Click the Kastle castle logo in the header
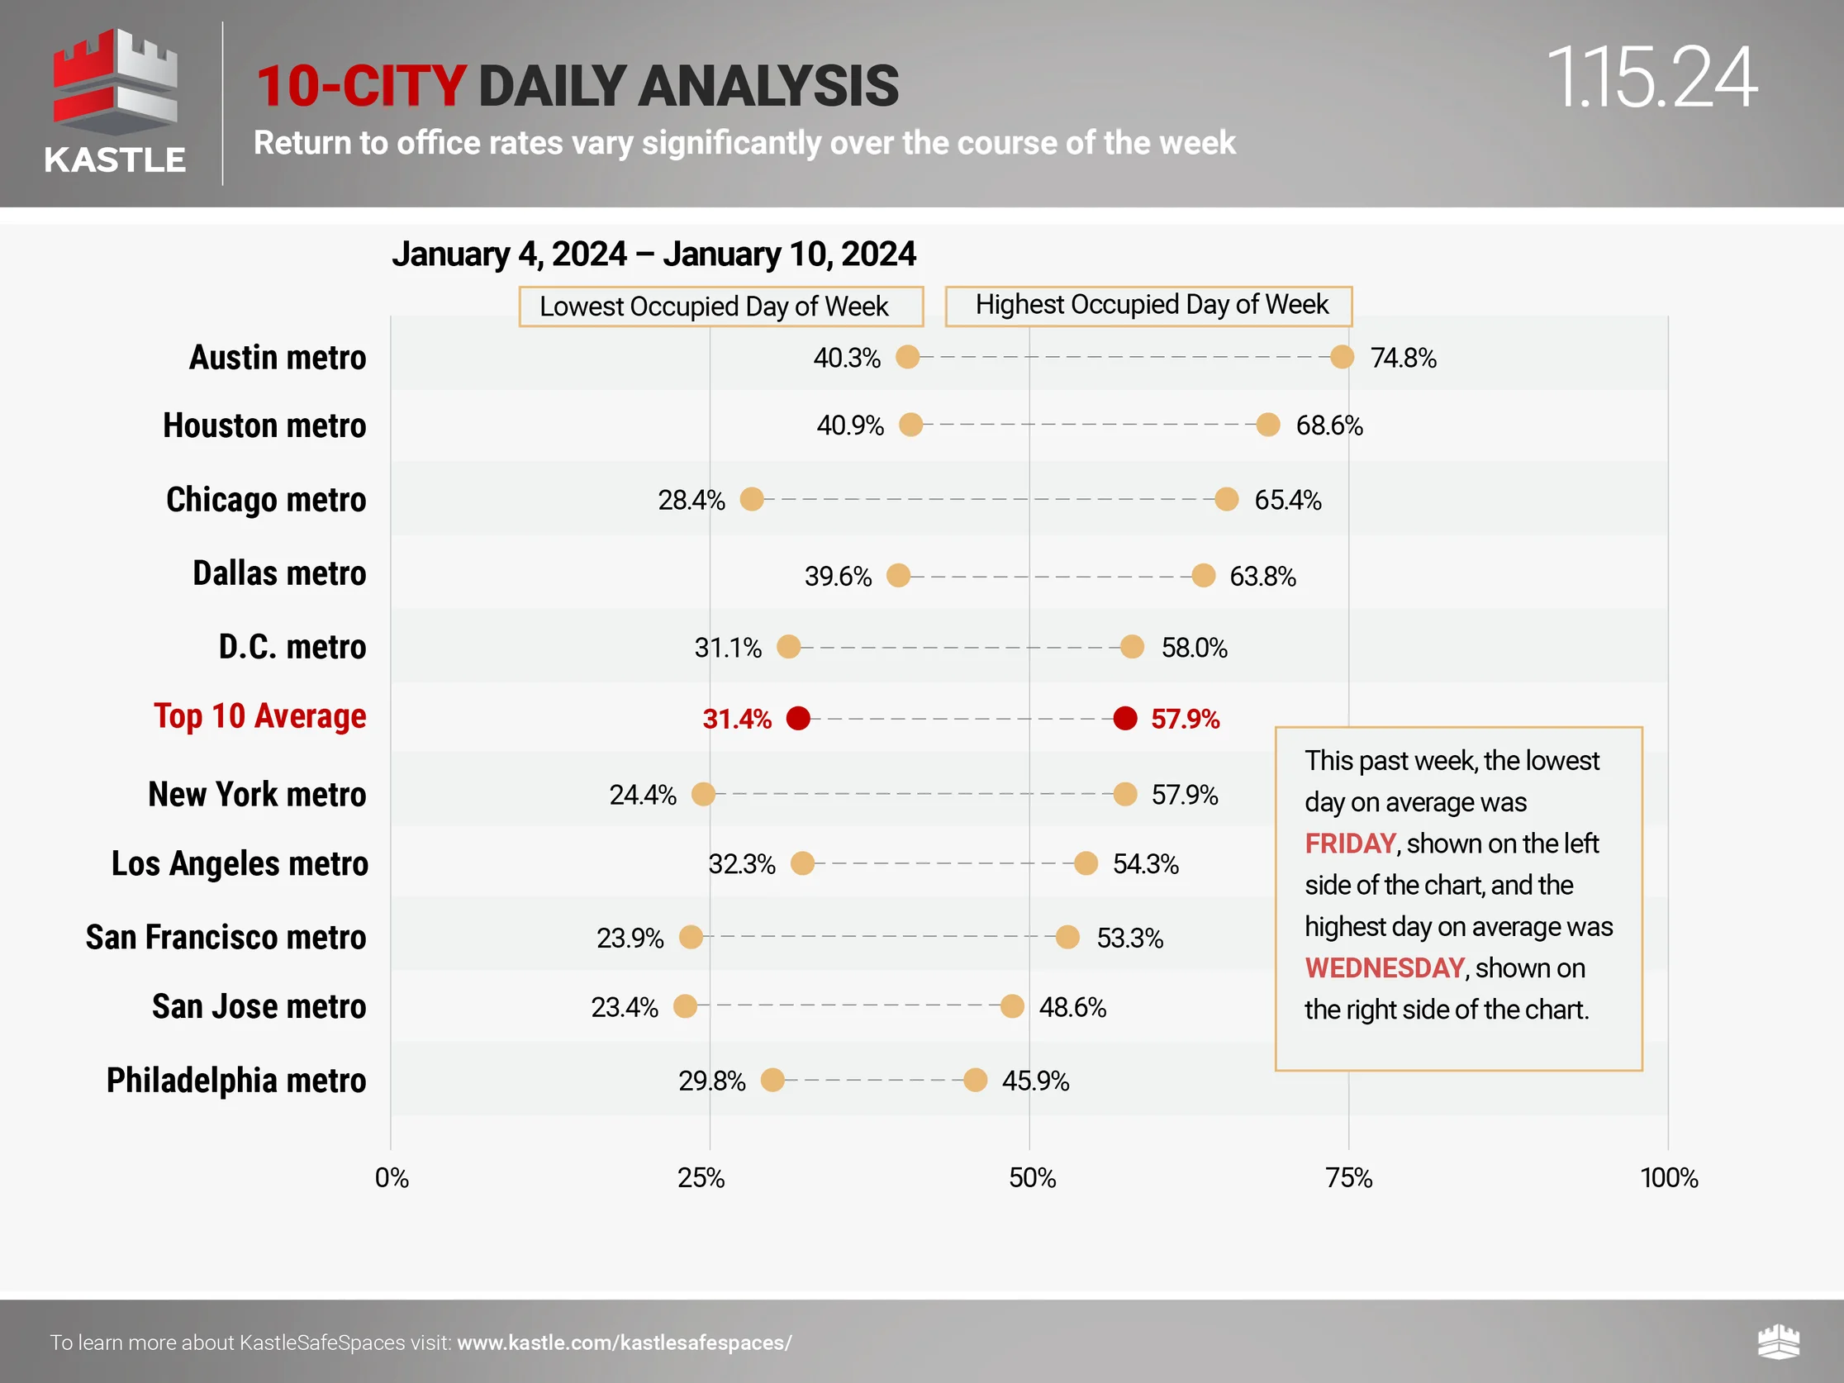click(115, 83)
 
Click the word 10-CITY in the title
click(360, 86)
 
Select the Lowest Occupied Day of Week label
click(721, 307)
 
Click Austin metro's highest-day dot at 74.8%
click(1343, 358)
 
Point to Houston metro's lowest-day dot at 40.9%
click(911, 425)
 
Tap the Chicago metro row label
click(266, 499)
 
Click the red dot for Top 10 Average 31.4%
click(799, 719)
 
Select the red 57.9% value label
click(1185, 719)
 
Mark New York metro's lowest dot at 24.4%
click(704, 795)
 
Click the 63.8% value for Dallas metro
click(1263, 576)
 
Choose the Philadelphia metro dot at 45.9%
click(976, 1081)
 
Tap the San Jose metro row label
click(259, 1007)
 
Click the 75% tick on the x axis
click(1349, 1178)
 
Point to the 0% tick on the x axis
click(391, 1178)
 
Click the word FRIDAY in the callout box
click(1350, 844)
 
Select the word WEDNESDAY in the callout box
click(1385, 967)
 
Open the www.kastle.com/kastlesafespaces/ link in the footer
click(625, 1343)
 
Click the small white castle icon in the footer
click(1778, 1342)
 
